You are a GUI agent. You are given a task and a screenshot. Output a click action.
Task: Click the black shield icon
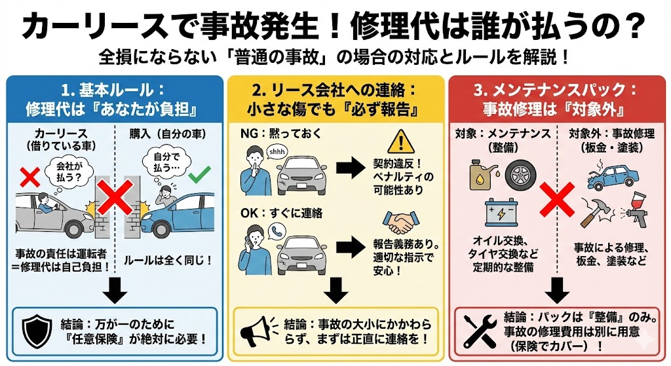(37, 331)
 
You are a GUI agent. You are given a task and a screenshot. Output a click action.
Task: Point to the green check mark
(198, 175)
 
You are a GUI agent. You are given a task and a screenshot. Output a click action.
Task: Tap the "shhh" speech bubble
(275, 152)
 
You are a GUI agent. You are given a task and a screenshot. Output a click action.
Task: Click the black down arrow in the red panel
(558, 289)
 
